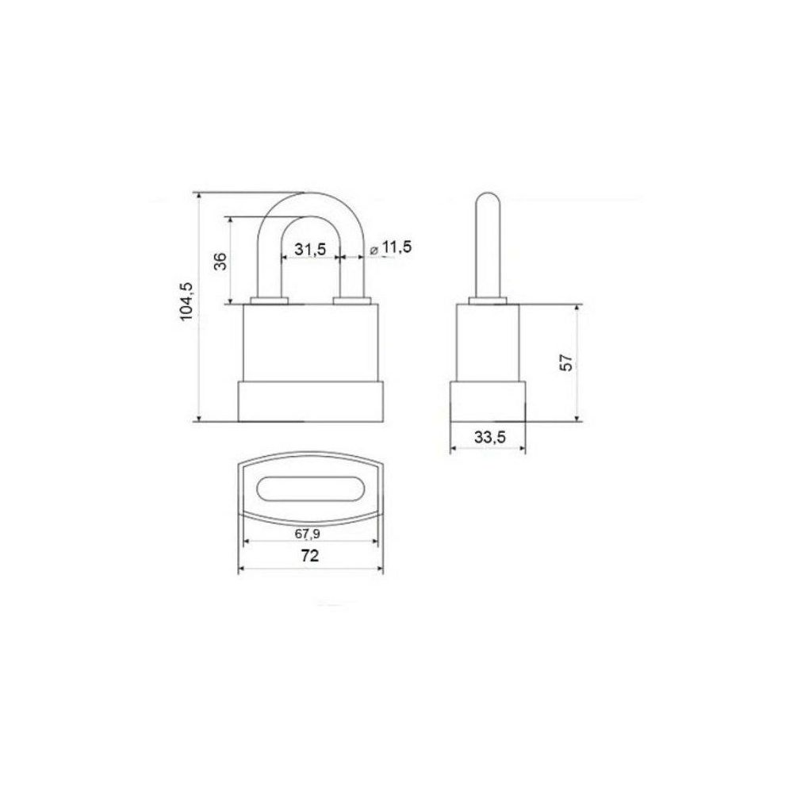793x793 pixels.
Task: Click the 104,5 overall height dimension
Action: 186,301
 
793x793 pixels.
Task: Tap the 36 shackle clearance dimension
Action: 220,260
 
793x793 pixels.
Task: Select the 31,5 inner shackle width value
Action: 311,249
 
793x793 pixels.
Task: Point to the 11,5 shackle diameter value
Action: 396,247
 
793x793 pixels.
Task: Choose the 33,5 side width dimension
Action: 489,436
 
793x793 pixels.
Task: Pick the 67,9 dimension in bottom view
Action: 308,533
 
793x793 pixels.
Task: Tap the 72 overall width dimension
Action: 309,556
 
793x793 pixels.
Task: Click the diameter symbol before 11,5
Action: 374,250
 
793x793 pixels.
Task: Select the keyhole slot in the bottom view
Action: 311,488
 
